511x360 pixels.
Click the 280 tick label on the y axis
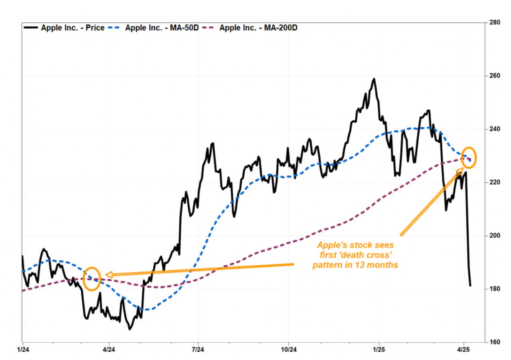tap(495, 22)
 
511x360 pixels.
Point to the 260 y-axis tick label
tap(495, 76)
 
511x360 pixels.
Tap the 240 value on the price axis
tap(495, 129)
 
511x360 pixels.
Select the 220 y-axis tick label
tap(495, 182)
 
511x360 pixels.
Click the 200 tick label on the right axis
tap(495, 235)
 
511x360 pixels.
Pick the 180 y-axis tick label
tap(495, 288)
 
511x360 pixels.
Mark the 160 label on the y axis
tap(495, 342)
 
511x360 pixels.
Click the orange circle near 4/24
tap(92, 278)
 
